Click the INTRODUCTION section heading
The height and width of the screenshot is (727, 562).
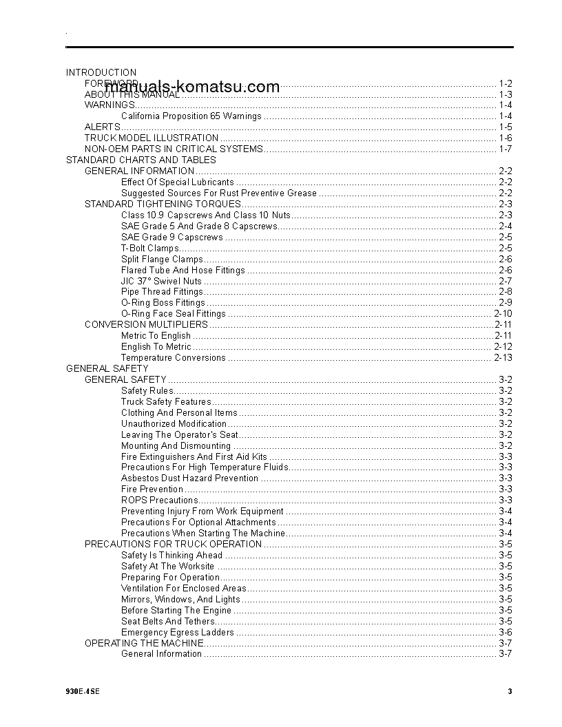[101, 72]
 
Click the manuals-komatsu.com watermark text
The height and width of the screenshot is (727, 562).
[183, 87]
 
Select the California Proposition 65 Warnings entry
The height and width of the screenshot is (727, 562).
[191, 116]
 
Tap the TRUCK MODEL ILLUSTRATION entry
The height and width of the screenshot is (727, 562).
[152, 138]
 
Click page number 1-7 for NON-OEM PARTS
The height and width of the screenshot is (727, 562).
[506, 149]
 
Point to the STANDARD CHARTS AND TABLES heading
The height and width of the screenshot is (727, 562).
[140, 160]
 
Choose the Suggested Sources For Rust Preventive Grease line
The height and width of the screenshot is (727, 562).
[218, 193]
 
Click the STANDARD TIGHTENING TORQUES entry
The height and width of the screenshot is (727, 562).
[163, 204]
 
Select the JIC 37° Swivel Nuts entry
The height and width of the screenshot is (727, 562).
[161, 281]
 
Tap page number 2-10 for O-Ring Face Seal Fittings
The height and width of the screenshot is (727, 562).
[503, 314]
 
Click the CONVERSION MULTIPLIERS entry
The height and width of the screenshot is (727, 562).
[146, 324]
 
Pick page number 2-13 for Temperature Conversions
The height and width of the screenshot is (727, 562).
[503, 358]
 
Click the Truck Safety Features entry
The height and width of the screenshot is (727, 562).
[166, 402]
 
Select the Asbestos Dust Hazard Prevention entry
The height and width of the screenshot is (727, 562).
[189, 478]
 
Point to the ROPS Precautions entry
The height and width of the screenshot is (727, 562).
[159, 501]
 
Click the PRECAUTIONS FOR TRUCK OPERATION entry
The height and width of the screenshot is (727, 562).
[173, 544]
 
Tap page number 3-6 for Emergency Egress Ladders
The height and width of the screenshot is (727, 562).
[506, 632]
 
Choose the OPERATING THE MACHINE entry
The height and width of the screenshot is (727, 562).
[144, 643]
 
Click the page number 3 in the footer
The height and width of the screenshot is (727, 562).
[510, 692]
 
